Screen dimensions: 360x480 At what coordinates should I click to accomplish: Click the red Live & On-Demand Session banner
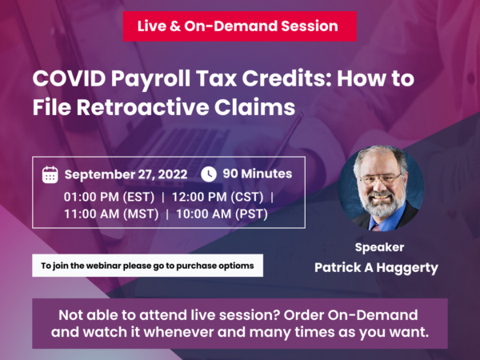coord(239,26)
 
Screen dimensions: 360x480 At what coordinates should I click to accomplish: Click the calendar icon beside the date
coord(50,174)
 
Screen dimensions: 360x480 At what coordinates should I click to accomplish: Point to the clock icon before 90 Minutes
coord(208,174)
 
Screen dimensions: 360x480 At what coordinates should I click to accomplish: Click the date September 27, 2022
coord(126,174)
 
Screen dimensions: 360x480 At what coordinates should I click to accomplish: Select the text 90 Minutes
coord(257,174)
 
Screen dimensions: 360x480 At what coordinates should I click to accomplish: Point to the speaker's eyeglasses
coord(381,178)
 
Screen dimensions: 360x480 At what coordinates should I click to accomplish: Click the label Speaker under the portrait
coord(378,247)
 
